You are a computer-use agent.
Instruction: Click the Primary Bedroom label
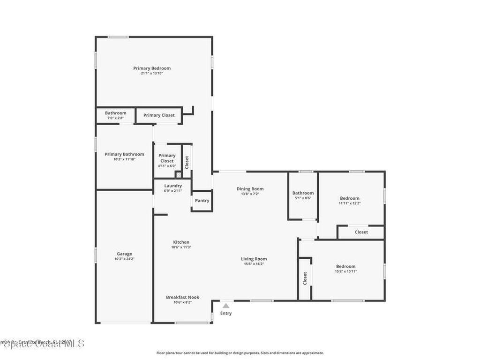point(151,68)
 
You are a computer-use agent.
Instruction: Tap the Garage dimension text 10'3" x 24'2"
point(124,259)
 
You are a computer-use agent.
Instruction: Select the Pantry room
point(202,201)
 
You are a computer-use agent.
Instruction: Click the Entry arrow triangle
point(226,306)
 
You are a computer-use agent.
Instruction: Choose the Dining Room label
point(249,189)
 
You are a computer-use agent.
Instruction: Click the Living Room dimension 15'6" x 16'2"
point(254,264)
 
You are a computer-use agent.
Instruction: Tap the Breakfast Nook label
point(182,297)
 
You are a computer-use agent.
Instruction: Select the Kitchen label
point(180,242)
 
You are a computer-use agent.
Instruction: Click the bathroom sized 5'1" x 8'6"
point(303,195)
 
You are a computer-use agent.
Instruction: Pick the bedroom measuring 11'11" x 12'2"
point(350,201)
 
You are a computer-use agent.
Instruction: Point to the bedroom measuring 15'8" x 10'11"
point(345,269)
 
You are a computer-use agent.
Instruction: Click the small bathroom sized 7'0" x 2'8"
point(115,115)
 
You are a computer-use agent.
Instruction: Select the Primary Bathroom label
point(124,154)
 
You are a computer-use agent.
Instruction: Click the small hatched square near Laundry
point(178,175)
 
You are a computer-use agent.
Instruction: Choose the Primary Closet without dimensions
point(159,115)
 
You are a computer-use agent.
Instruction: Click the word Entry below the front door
point(226,314)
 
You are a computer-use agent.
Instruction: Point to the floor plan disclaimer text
point(240,353)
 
